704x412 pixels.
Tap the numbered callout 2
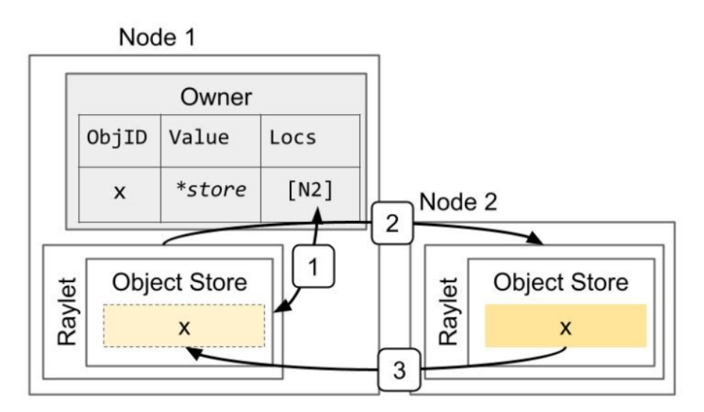pos(393,222)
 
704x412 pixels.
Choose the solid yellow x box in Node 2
pos(565,326)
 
